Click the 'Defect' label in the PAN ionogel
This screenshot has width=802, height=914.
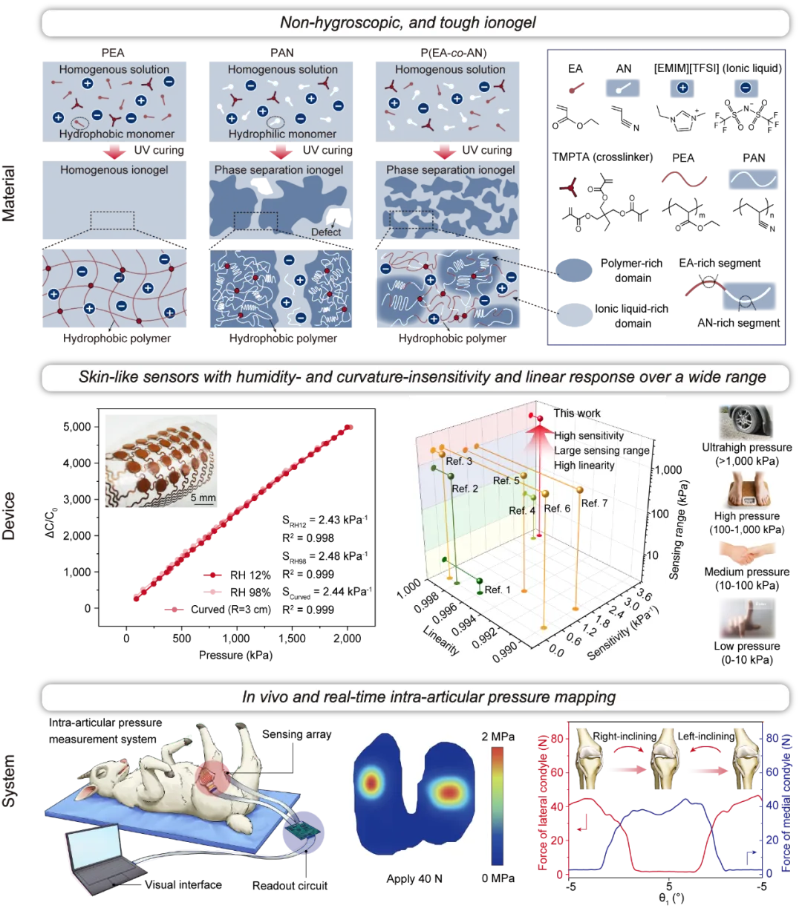tap(326, 232)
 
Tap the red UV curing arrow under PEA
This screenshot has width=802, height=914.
tap(114, 151)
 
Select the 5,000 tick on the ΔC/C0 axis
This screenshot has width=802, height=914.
tap(76, 427)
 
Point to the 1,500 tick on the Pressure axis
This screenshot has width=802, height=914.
tap(292, 639)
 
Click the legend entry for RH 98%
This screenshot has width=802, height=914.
tap(238, 592)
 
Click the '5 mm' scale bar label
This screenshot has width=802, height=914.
tap(203, 497)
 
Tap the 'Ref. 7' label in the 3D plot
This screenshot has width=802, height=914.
tap(594, 503)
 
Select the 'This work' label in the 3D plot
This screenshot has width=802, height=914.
tap(577, 413)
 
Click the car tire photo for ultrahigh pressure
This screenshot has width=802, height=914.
tap(746, 422)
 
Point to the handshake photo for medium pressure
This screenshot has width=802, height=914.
tap(747, 553)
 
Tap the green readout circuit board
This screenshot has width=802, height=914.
tap(302, 830)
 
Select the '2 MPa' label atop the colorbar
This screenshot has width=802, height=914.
tap(498, 737)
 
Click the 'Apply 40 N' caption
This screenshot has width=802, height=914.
tap(414, 878)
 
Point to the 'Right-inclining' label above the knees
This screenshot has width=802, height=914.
tap(625, 736)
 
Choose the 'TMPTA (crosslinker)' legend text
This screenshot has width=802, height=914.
tap(602, 157)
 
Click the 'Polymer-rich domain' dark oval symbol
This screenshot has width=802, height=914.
tap(573, 270)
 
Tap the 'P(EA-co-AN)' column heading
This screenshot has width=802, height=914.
tap(453, 53)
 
